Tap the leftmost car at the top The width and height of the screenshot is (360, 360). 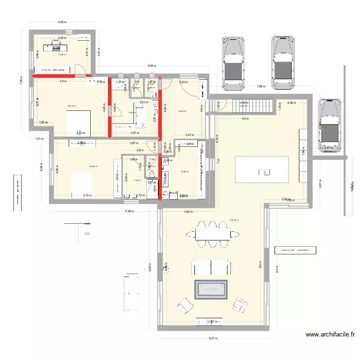233,62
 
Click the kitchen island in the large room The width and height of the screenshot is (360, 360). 262,169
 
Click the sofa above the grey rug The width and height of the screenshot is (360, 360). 211,267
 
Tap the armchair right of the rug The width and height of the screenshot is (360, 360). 239,303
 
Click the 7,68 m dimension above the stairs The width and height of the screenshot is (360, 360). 261,86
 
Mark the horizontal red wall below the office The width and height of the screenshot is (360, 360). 53,75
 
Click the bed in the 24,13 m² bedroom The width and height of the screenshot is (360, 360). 78,123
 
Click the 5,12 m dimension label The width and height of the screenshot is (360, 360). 87,195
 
